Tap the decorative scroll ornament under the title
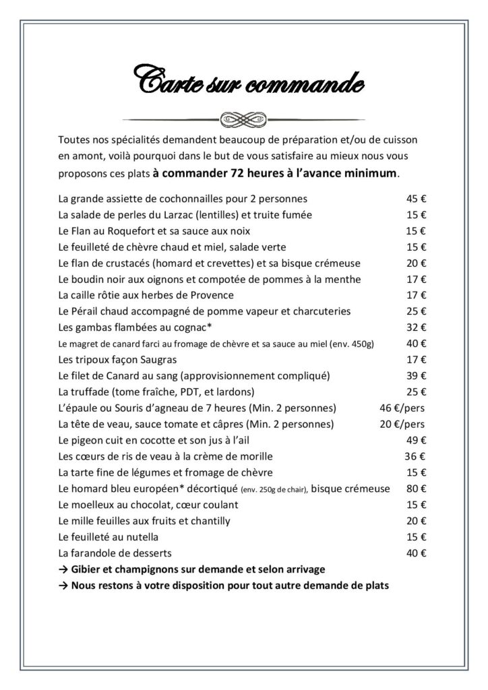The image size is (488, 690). (244, 114)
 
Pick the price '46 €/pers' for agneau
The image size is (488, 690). (403, 408)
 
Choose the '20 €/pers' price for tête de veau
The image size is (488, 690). (403, 424)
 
